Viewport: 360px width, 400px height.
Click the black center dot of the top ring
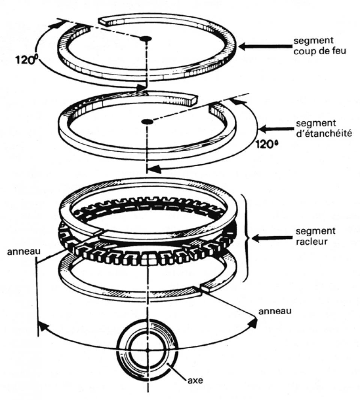click(x=145, y=39)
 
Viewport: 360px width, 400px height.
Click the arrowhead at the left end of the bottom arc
click(x=42, y=326)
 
